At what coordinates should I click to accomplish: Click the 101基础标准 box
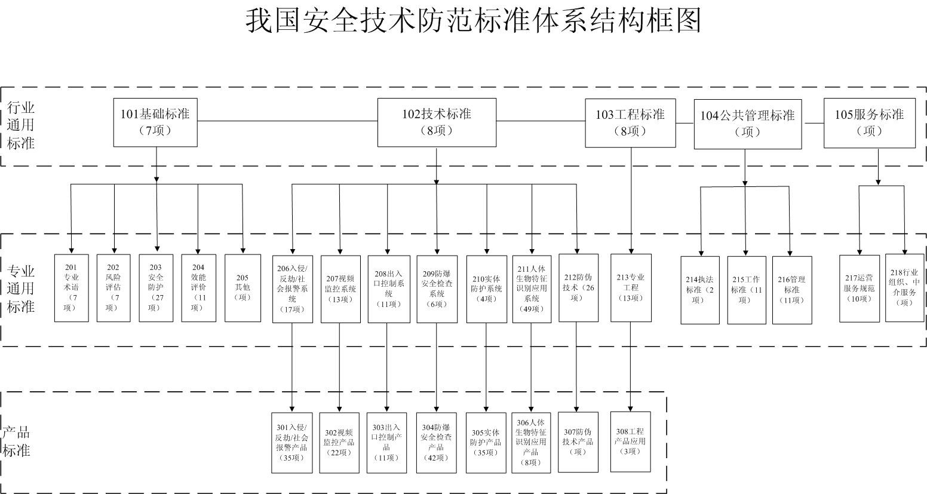pos(155,122)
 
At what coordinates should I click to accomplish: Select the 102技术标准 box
pos(437,122)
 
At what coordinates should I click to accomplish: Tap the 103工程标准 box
pos(630,122)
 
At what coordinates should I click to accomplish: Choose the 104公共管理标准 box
pos(747,124)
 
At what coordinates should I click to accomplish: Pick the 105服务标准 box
pos(869,122)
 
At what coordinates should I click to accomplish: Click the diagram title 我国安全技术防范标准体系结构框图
pos(473,21)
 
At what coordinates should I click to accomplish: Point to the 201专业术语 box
pos(71,288)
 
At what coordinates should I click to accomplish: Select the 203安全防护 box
pos(156,288)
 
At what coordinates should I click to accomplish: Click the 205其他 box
pos(243,288)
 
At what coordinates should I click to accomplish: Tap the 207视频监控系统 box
pos(340,289)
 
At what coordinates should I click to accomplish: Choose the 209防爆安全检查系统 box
pos(437,289)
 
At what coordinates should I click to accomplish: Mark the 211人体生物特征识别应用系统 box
pos(532,289)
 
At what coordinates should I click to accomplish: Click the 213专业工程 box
pos(631,288)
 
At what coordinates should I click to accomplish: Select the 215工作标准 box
pos(747,290)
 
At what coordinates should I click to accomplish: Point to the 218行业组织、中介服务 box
pos(904,288)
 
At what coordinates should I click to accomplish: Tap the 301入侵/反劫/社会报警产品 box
pos(291,443)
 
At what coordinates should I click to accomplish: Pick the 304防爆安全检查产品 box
pos(436,443)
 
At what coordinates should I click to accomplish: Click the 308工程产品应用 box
pos(630,441)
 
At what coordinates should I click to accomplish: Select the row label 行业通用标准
pos(22,125)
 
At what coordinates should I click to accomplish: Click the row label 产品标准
pos(17,442)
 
